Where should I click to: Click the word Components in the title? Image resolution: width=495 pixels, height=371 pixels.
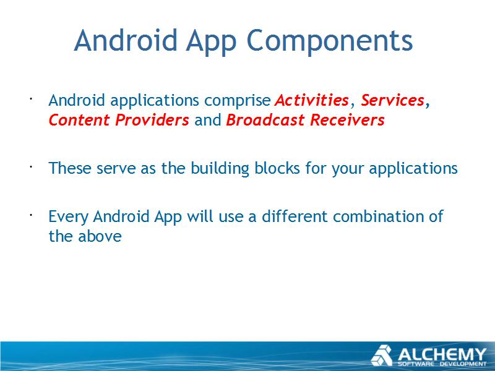point(329,41)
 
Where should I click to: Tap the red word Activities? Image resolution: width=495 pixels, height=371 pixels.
point(312,100)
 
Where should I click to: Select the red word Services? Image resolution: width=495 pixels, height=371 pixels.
point(392,100)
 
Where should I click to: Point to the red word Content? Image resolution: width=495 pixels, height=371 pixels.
point(79,120)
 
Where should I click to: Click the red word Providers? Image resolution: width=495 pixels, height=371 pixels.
point(152,120)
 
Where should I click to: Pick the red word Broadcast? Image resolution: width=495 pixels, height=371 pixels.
point(265,120)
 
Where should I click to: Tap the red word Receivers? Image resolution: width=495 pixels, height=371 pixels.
point(347,120)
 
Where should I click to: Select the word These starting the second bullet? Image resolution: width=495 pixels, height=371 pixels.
point(70,168)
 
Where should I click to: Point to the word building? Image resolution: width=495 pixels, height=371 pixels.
point(220,168)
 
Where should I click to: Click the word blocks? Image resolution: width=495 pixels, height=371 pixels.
point(277,168)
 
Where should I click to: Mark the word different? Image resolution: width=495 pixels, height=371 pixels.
point(295,216)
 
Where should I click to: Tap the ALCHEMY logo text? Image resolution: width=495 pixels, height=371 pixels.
point(442,354)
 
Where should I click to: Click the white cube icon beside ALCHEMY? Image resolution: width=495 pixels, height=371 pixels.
point(382,356)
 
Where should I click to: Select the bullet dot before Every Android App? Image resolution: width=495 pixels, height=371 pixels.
point(31,215)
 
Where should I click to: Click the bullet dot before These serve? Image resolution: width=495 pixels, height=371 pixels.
point(31,167)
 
